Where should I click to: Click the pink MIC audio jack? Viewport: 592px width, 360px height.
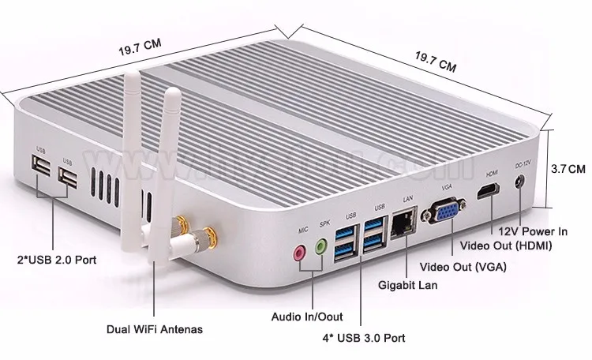tap(298, 253)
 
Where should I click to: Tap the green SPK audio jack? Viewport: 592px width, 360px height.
tap(320, 247)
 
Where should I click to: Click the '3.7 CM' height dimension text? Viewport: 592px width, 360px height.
tap(569, 168)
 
